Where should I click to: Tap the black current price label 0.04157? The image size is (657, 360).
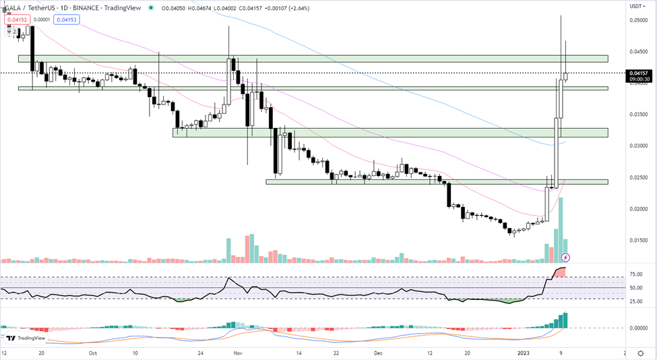tap(637, 73)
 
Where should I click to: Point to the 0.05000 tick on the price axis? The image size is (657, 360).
tap(639, 20)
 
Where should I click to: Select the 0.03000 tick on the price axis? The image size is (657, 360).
tap(639, 146)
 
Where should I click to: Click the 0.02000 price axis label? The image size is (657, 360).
tap(639, 209)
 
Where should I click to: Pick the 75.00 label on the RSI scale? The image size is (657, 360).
tap(637, 274)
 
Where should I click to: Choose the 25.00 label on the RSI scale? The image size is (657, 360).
tap(637, 301)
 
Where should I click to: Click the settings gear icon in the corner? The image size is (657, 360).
tap(639, 353)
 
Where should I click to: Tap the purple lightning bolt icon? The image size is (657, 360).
tap(566, 257)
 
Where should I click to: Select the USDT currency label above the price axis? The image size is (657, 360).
tap(637, 6)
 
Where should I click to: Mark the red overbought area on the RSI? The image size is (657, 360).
tap(560, 272)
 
